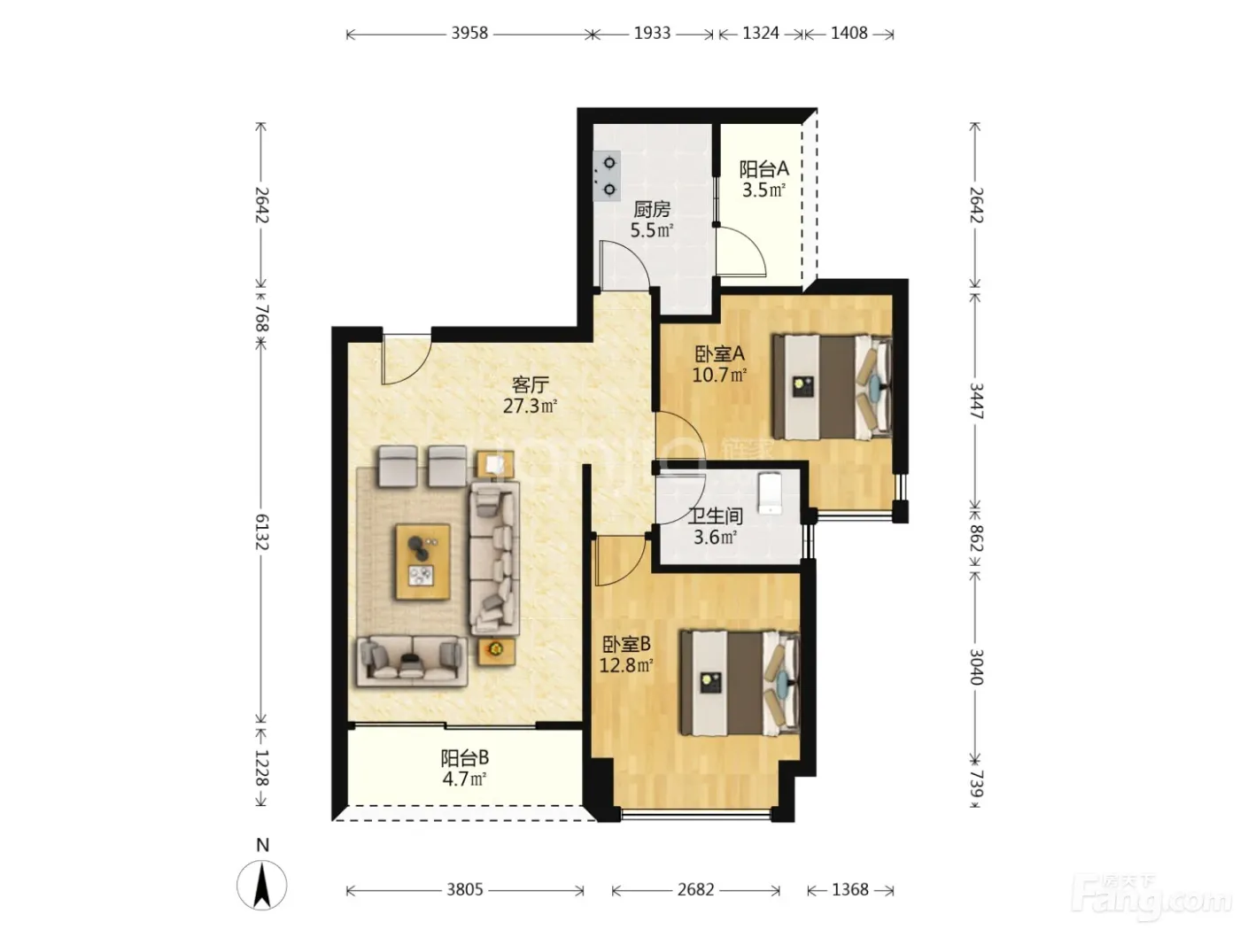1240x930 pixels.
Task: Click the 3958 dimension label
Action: [469, 34]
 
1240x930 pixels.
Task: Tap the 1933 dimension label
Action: [652, 34]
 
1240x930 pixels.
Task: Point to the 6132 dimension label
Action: [261, 531]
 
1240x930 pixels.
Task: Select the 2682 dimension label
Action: [695, 890]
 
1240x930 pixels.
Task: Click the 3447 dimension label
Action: [976, 401]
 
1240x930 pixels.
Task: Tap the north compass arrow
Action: [261, 885]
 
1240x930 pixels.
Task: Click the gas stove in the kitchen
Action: [607, 175]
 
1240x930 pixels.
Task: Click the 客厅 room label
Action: [530, 385]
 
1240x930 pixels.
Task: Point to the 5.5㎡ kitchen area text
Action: [651, 230]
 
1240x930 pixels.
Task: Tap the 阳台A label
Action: [763, 168]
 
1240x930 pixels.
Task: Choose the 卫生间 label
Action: [715, 515]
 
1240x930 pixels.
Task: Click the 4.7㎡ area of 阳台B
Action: [464, 779]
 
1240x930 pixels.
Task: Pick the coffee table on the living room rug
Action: [423, 562]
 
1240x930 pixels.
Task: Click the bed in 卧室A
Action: [832, 387]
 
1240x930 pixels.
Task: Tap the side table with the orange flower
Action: [497, 650]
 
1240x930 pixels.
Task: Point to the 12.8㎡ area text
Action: [626, 665]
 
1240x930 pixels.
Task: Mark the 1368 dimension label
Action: [849, 890]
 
